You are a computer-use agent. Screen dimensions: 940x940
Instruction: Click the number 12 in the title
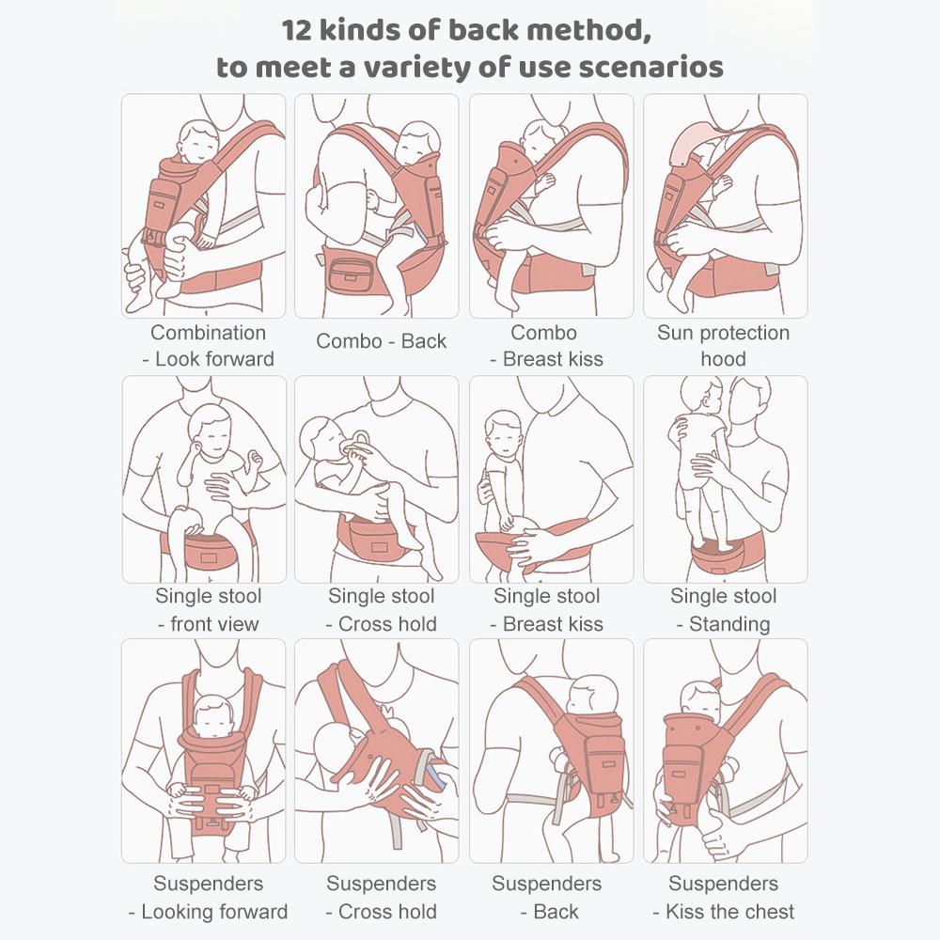(297, 30)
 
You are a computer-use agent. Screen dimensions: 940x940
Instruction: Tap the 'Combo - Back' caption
(382, 341)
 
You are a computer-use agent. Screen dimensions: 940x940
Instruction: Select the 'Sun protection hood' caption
(724, 346)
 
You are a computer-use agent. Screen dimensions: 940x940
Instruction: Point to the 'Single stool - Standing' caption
(724, 610)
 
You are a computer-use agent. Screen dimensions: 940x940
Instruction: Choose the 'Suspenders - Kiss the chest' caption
(724, 898)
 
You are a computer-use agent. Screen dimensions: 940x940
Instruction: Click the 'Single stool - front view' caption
(208, 610)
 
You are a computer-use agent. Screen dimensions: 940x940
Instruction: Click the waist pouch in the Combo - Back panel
(350, 273)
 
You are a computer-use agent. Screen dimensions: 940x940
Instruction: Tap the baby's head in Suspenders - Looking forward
(212, 717)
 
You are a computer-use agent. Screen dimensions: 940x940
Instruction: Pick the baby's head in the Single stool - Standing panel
(702, 395)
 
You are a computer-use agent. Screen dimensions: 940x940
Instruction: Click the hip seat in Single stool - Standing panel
(717, 556)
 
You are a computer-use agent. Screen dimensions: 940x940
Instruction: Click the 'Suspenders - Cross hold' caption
(382, 898)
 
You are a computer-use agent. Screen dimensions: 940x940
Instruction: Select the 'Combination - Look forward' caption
(208, 346)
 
